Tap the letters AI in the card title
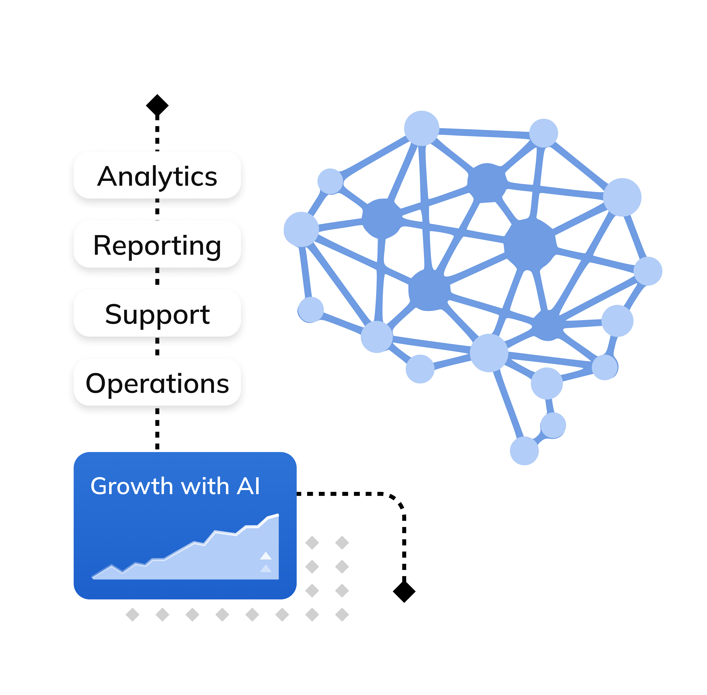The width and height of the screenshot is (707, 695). (x=248, y=487)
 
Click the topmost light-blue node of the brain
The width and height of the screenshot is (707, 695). (x=422, y=128)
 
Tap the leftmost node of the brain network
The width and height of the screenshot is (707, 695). (x=301, y=229)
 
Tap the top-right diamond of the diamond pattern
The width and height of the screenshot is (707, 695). (x=342, y=543)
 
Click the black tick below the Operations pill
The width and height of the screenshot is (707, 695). (x=157, y=411)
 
